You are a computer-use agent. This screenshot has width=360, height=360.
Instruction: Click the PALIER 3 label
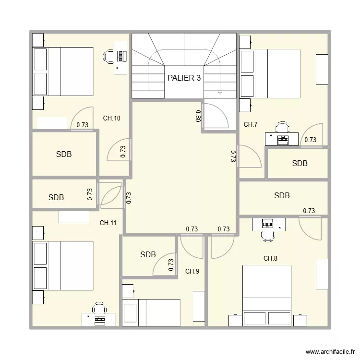tap(184, 78)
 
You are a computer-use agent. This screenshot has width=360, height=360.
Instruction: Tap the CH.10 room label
tap(112, 118)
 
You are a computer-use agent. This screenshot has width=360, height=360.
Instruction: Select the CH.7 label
tap(251, 125)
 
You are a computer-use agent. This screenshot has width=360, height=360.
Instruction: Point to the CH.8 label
tap(270, 259)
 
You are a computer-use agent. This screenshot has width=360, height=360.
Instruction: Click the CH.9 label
tap(192, 272)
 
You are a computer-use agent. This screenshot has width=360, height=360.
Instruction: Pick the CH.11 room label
tap(108, 223)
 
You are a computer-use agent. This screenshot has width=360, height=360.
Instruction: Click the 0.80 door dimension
tap(198, 116)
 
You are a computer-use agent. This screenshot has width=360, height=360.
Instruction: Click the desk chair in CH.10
tap(110, 56)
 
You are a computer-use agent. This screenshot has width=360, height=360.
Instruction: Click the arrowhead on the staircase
tap(220, 92)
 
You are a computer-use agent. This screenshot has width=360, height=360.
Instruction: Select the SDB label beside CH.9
tap(148, 254)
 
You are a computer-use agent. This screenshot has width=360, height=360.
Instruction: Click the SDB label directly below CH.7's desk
tap(300, 164)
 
